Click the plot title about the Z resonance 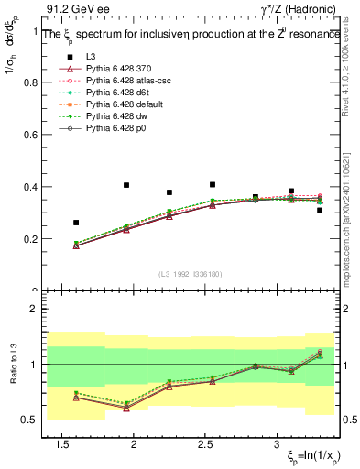191,34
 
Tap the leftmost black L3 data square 76,223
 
